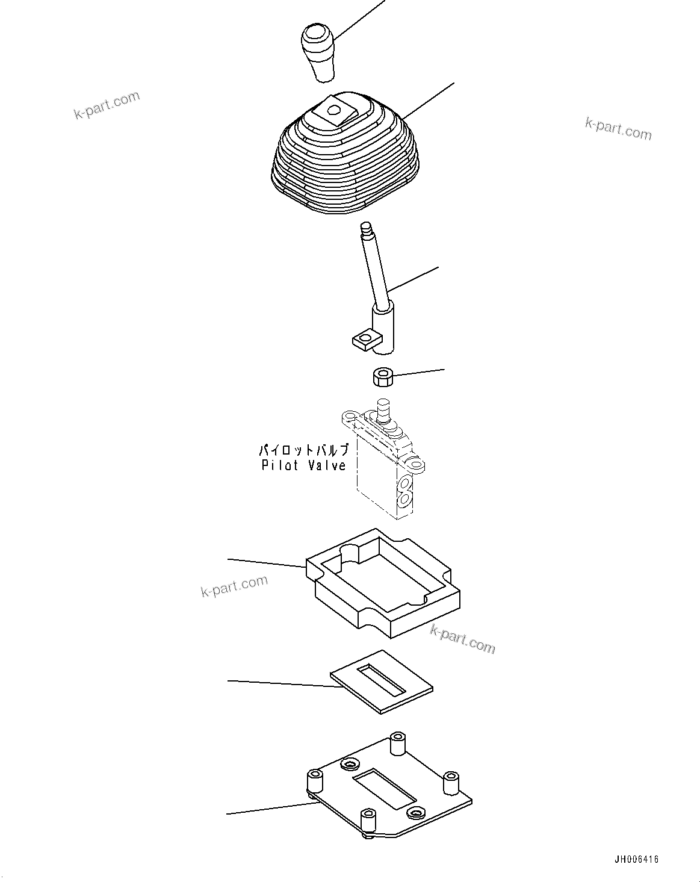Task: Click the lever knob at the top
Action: (317, 51)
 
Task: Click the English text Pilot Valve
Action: (304, 465)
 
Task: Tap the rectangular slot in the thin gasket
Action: (381, 679)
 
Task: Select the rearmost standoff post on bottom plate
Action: (397, 743)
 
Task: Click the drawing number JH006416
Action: (636, 859)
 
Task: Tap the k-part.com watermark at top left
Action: (107, 105)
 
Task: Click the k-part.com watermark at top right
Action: (618, 128)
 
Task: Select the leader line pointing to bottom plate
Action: (265, 808)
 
